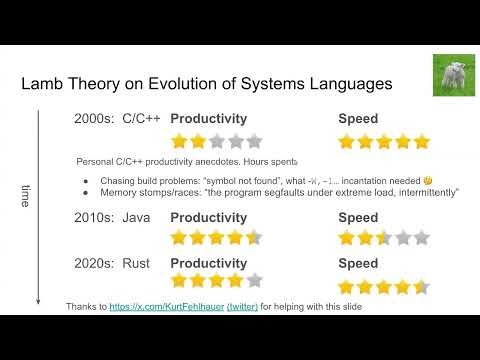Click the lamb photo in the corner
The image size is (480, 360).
[x=453, y=74]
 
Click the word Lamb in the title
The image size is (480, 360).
[x=44, y=85]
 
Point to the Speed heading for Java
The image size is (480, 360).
[x=358, y=217]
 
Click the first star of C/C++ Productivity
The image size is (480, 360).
[x=181, y=140]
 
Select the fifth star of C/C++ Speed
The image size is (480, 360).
[x=421, y=140]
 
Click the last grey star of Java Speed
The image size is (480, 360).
[x=421, y=238]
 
